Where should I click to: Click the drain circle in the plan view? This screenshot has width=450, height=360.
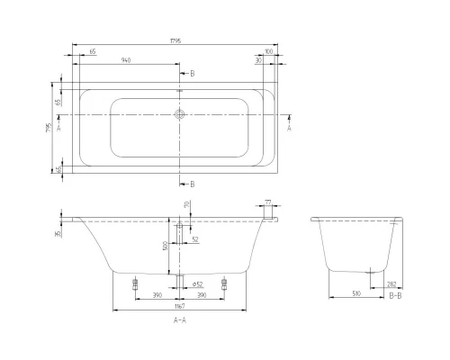(x=180, y=115)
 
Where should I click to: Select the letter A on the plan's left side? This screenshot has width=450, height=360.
(x=58, y=129)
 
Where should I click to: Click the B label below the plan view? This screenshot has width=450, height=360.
(x=192, y=183)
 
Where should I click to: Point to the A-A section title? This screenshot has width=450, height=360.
(x=180, y=320)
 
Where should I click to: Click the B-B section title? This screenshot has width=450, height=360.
(x=395, y=294)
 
